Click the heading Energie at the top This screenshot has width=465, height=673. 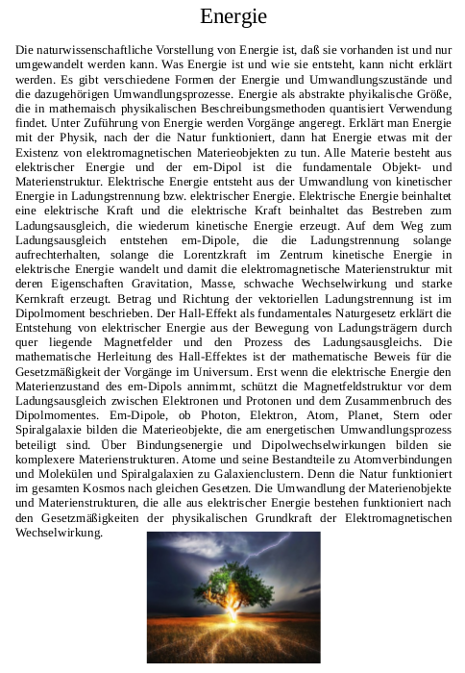coord(232,16)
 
